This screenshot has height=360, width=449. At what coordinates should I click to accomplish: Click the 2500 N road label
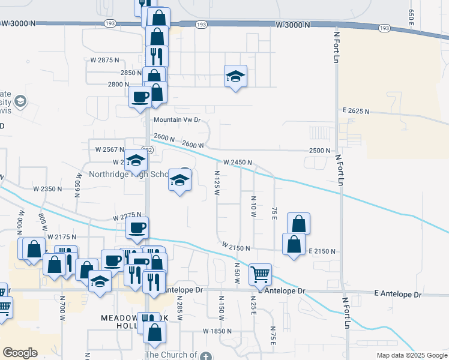tap(320, 151)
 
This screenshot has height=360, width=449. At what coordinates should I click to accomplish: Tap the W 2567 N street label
tap(109, 149)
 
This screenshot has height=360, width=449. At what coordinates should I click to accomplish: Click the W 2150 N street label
tap(235, 247)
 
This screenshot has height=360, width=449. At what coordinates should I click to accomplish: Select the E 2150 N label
tap(321, 251)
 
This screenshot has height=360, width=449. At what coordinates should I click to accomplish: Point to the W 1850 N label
tap(217, 331)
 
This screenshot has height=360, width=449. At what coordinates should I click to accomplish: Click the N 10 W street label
tap(253, 206)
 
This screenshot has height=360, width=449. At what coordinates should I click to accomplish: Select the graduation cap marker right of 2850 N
tap(235, 76)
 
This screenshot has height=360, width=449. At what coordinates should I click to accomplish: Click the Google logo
tap(20, 353)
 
